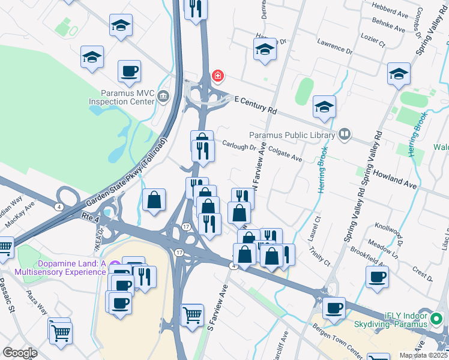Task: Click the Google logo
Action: pyautogui.click(x=20, y=353)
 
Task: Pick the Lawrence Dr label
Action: pyautogui.click(x=335, y=47)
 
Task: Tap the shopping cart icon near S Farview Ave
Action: pyautogui.click(x=192, y=313)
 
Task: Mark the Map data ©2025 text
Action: pyautogui.click(x=423, y=355)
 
